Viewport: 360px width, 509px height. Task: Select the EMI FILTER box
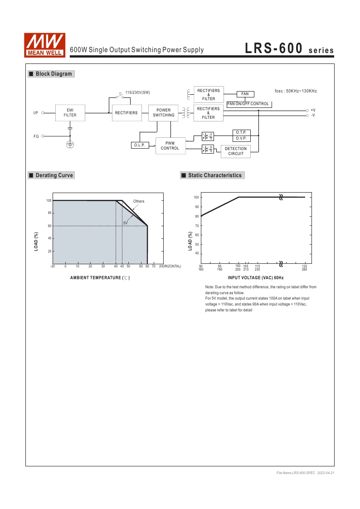click(70, 113)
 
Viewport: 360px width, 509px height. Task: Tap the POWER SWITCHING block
click(164, 113)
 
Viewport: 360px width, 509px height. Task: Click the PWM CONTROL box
click(170, 145)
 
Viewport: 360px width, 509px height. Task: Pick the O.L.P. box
click(139, 145)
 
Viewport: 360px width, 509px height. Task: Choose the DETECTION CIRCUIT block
click(236, 151)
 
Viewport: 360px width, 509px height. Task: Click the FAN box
click(245, 94)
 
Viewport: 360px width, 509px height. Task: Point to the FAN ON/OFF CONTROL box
click(248, 104)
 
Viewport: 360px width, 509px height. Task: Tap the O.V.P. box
click(241, 138)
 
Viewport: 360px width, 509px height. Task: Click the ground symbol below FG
click(70, 145)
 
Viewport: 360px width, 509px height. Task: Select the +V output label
click(313, 110)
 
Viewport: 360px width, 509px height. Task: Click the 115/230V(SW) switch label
click(137, 92)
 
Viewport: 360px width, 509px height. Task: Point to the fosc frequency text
click(296, 91)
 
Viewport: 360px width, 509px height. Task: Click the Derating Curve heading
click(54, 175)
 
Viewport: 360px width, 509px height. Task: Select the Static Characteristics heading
click(214, 175)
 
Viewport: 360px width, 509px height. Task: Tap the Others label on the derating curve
click(139, 201)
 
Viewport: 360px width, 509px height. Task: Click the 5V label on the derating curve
click(126, 223)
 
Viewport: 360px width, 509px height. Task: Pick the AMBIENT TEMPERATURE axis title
click(100, 277)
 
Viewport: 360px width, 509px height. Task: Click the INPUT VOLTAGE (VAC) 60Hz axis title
click(256, 277)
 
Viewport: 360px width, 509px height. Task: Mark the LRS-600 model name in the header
click(273, 49)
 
